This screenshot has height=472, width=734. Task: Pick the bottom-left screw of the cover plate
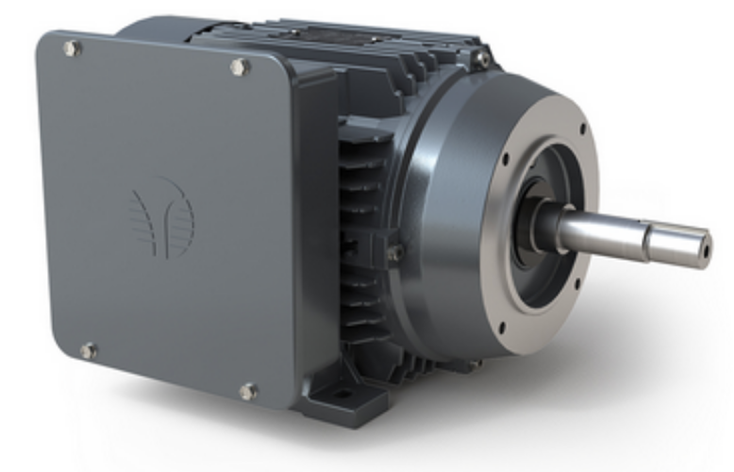click(x=87, y=351)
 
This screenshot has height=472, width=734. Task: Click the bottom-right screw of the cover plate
click(x=247, y=390)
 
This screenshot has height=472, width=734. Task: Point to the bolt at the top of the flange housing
click(x=482, y=58)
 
